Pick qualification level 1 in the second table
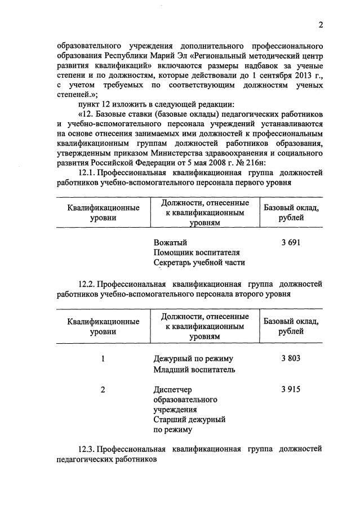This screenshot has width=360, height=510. [103, 358]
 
